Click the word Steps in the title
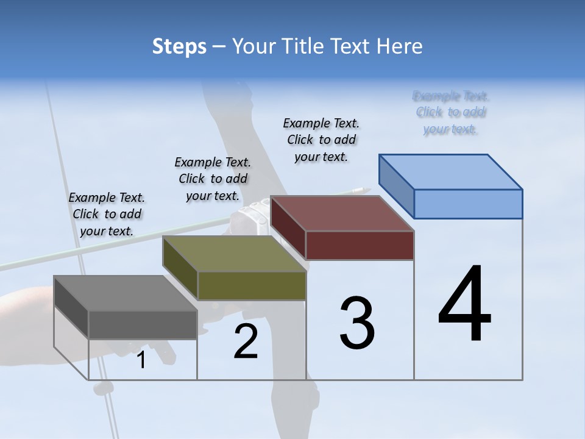pyautogui.click(x=179, y=46)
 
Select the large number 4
pyautogui.click(x=464, y=305)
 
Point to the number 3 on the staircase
pyautogui.click(x=357, y=323)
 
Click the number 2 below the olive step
pyautogui.click(x=246, y=341)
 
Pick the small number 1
pyautogui.click(x=141, y=360)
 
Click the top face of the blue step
pyautogui.click(x=451, y=172)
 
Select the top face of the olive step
pyautogui.click(x=235, y=254)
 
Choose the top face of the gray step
pyautogui.click(x=126, y=293)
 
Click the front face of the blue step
pyautogui.click(x=468, y=204)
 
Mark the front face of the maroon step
pyautogui.click(x=360, y=246)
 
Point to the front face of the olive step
pyautogui.click(x=252, y=285)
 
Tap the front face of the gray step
pyautogui.click(x=143, y=324)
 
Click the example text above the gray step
pyautogui.click(x=107, y=214)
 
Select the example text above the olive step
pyautogui.click(x=213, y=179)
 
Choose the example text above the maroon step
pyautogui.click(x=321, y=140)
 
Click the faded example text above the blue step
pyautogui.click(x=450, y=112)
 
